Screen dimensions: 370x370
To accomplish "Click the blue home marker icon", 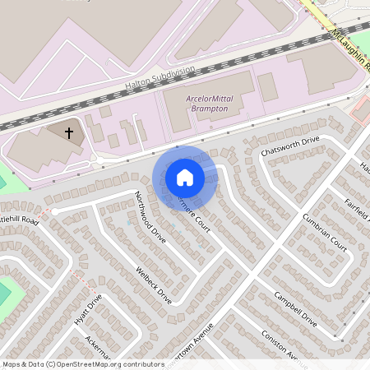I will pos(185,176).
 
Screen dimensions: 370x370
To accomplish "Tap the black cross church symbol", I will pos(69,132).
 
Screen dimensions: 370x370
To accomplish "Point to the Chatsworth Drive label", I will pos(289,146).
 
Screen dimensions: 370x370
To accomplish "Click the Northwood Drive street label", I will pos(150,217).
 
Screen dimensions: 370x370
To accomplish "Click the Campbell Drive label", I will pos(295,307).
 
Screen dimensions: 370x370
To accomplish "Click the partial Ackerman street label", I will pos(95,347).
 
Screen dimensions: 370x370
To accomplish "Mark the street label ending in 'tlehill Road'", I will pos(20,220).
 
